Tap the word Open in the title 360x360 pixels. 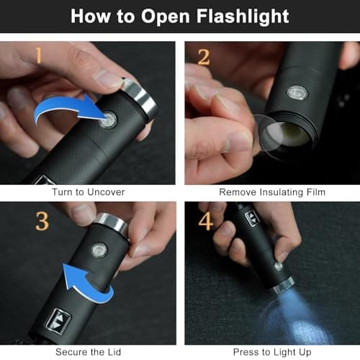click(159, 16)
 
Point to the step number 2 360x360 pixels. click(204, 57)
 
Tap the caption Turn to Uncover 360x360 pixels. click(88, 192)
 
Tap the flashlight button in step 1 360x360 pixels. click(109, 120)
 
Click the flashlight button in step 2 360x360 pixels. click(296, 93)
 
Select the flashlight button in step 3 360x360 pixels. click(99, 250)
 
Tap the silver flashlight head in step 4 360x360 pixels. click(283, 285)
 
